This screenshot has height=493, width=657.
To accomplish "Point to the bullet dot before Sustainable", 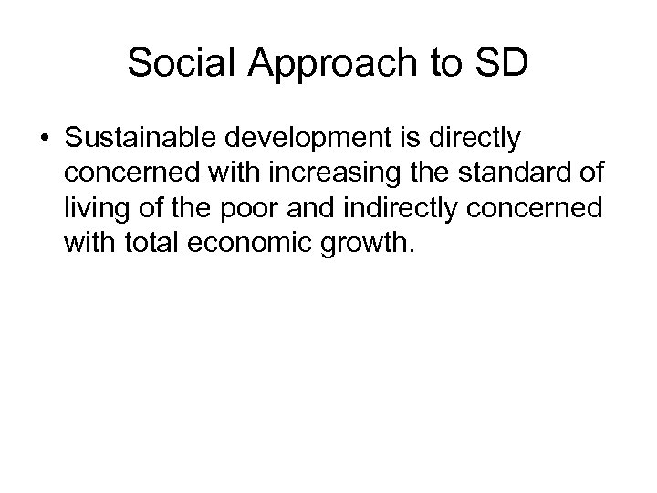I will click(x=45, y=139).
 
